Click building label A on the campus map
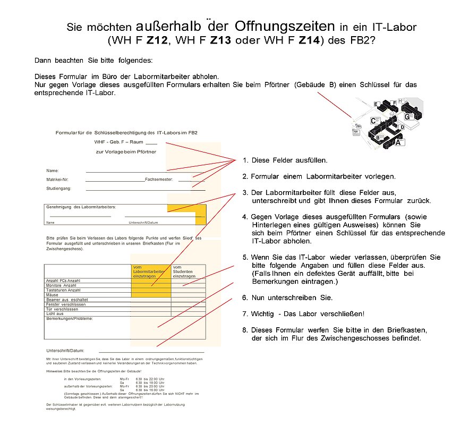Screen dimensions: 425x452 tap(398, 142)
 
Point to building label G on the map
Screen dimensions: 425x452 tap(407, 117)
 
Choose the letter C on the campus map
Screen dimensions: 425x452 tap(373, 121)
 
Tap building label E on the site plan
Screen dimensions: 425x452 tap(376, 104)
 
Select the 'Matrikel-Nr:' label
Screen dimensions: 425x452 tap(57, 180)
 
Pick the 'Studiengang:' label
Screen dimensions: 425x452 tap(58, 188)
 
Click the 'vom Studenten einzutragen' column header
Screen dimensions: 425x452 tap(184, 271)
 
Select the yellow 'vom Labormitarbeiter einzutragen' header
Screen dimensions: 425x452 tap(150, 271)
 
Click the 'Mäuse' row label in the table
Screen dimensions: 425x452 tap(53, 295)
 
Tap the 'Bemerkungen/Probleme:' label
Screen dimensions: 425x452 tap(70, 319)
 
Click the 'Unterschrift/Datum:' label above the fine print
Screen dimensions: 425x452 tap(65, 351)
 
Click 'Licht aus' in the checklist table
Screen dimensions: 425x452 tap(55, 313)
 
